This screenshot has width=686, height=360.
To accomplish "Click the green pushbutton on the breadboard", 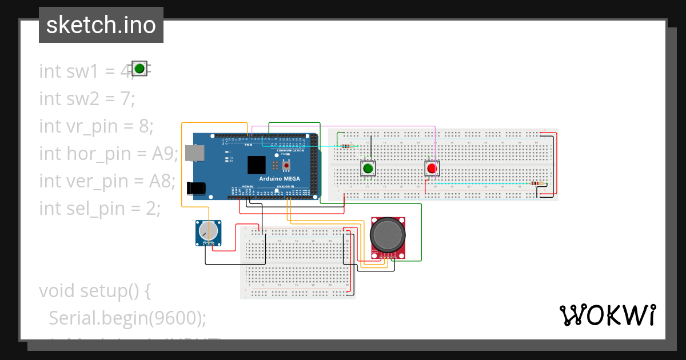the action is (x=368, y=169).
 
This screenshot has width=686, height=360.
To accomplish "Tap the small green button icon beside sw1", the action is (x=139, y=69).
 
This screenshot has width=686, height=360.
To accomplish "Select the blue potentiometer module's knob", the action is (x=208, y=231).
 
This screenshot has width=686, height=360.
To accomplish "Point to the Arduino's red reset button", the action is (x=286, y=166).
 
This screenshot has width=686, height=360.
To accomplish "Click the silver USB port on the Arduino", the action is (x=196, y=153).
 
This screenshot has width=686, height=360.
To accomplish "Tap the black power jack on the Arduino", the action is (x=196, y=188).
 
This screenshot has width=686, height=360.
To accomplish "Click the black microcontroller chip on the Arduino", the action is (x=257, y=165).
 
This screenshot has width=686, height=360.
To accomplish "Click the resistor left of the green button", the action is (x=346, y=146).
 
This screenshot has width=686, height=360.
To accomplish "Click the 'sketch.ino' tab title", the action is (x=101, y=25).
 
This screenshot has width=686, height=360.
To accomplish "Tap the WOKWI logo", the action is (x=607, y=315).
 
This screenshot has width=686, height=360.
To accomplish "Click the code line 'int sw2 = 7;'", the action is (x=87, y=98).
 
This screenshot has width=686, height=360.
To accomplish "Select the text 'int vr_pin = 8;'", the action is (x=96, y=126).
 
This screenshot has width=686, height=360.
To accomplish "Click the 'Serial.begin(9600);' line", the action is (x=127, y=318).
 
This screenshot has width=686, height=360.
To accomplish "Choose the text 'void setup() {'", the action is (x=95, y=290).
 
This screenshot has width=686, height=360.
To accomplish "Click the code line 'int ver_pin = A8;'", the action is (x=107, y=181).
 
